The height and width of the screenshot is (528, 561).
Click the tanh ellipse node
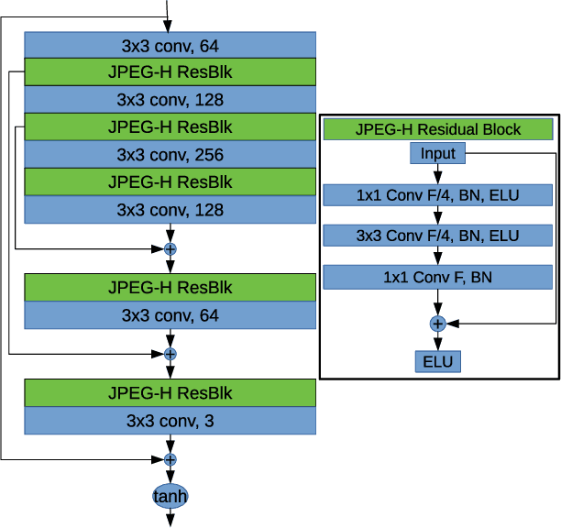170,496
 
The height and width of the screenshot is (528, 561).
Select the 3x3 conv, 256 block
170,154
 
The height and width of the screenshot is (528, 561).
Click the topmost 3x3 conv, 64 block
170,44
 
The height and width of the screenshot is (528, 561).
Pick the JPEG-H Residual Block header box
437,129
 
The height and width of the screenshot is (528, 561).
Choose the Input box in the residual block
437,153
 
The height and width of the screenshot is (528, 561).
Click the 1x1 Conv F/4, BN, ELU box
437,195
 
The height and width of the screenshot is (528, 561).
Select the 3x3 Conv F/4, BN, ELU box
437,236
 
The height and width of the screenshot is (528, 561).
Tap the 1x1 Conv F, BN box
437,277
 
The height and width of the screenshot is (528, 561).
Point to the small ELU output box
437,361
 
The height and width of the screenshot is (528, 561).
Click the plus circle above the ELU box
437,323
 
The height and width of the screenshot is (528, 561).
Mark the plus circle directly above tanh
170,459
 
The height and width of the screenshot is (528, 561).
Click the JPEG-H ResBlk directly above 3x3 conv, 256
170,126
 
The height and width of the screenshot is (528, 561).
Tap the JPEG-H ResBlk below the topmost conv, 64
170,71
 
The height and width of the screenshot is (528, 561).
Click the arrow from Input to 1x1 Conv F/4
437,174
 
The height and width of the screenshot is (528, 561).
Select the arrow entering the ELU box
437,341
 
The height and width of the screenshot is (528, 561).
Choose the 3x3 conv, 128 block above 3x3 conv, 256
170,99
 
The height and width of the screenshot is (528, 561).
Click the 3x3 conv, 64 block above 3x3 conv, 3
170,315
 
